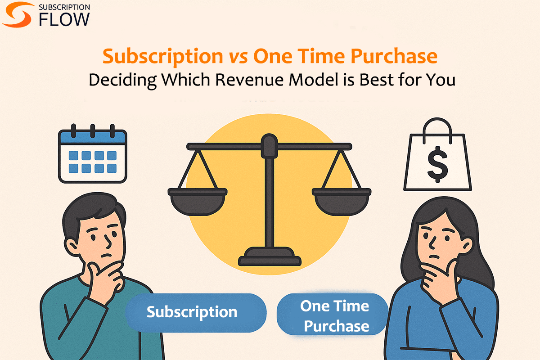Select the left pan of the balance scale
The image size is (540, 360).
[x=198, y=200]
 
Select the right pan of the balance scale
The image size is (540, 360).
[x=342, y=200]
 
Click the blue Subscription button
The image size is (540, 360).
[x=192, y=312]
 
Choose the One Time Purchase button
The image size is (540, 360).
[x=335, y=316]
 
